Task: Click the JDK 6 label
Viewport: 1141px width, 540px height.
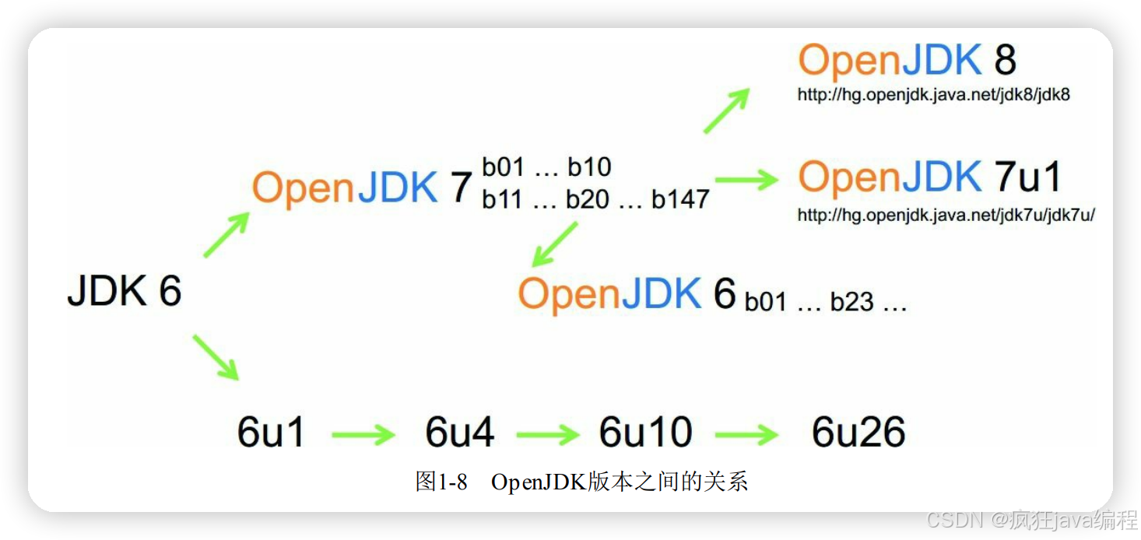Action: coord(125,291)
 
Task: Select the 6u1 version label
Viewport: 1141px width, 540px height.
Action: coord(271,433)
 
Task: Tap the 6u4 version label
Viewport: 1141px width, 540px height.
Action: coord(459,433)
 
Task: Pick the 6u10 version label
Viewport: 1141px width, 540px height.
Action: coord(645,433)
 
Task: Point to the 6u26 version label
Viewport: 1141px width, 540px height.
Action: coord(858,433)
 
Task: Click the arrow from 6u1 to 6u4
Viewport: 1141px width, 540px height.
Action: coord(363,434)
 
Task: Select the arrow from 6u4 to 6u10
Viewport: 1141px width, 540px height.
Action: coord(548,434)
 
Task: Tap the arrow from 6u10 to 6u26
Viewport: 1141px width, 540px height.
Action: coord(746,434)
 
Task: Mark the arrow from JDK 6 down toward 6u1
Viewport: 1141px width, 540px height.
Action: coord(216,356)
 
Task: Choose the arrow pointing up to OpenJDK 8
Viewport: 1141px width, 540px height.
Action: coord(726,110)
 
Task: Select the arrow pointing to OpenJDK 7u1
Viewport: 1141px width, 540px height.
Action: coord(746,180)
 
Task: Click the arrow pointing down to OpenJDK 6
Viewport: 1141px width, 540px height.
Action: coord(554,244)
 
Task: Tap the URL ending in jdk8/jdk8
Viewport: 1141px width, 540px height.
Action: coord(933,95)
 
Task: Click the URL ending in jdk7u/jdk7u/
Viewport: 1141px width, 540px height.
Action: coord(946,216)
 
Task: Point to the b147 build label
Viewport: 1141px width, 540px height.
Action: coord(680,199)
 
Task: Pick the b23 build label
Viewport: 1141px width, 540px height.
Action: coord(852,302)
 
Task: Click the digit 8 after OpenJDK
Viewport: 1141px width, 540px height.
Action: coord(1006,60)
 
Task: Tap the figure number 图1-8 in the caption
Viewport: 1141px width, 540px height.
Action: coord(441,482)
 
